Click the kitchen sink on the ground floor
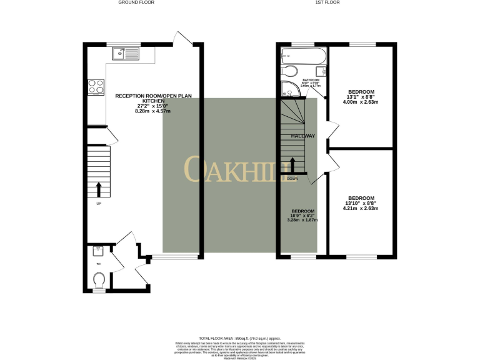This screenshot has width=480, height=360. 126,54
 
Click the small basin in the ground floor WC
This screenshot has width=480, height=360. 97,251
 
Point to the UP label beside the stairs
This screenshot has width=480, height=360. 97,204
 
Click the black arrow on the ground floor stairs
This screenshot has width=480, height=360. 97,189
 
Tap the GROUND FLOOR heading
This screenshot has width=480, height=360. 136,2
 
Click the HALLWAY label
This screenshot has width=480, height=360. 302,136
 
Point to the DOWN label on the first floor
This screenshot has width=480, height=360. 292,179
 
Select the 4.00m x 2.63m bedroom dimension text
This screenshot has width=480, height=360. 361,102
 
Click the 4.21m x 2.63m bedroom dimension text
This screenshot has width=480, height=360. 361,208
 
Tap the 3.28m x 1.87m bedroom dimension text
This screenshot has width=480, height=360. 302,220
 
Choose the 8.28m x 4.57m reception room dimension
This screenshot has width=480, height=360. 152,111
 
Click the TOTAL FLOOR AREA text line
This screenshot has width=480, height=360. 240,337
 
